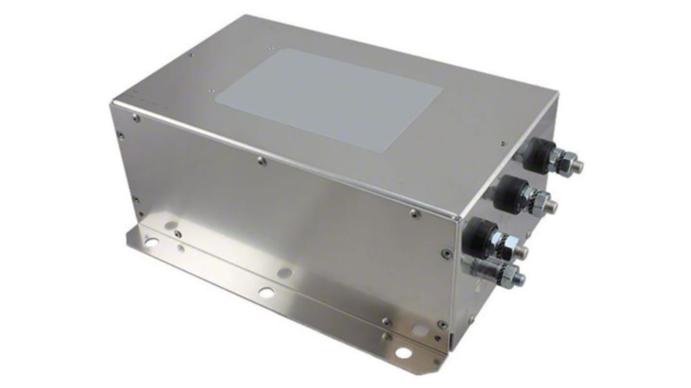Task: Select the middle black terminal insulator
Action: [x=511, y=191]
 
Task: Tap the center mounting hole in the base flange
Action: [x=266, y=292]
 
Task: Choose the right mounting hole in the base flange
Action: [x=402, y=353]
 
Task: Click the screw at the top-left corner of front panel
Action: [x=137, y=118]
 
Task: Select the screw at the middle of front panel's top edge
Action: [x=262, y=160]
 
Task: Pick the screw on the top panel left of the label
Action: [x=211, y=90]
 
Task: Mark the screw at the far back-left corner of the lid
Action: [x=191, y=55]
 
